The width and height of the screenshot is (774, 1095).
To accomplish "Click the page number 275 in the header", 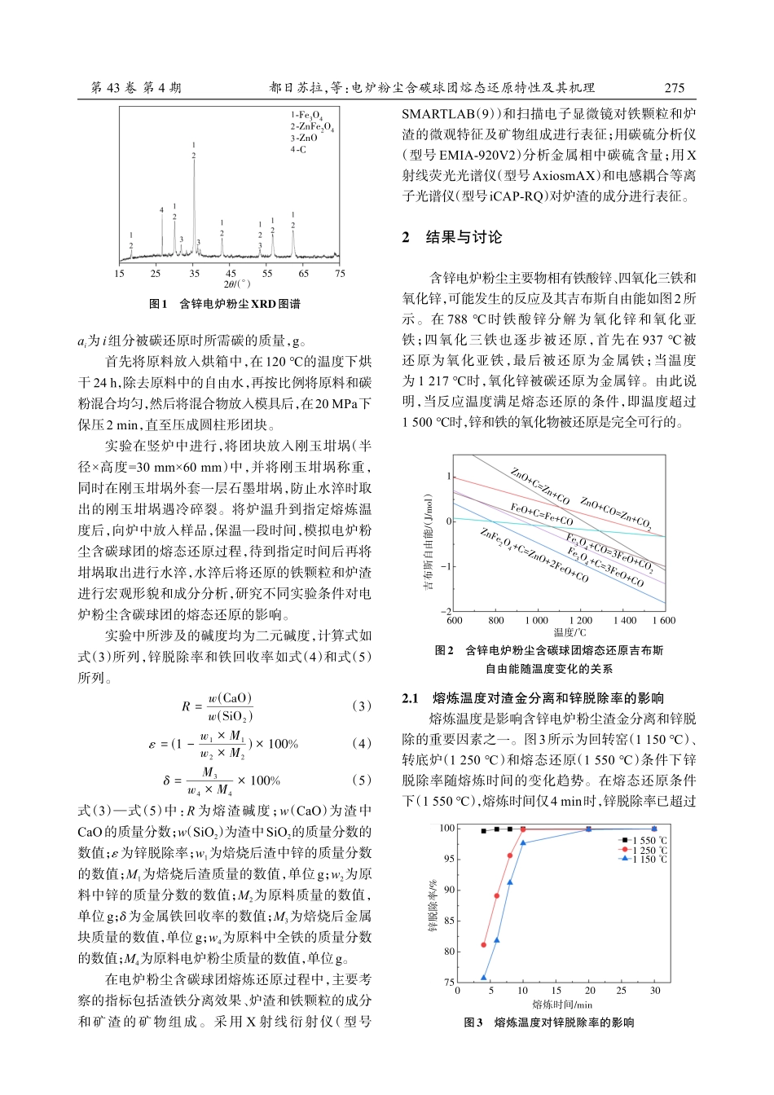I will [674, 88].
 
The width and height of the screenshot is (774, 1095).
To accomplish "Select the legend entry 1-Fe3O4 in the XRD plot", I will [307, 116].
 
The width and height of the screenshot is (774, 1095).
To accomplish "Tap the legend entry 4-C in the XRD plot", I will [299, 150].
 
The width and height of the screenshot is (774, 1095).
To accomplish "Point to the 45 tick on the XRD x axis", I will [231, 274].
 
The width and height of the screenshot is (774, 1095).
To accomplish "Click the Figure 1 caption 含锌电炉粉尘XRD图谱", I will [225, 304].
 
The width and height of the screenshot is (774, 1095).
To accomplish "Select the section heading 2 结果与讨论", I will [453, 237].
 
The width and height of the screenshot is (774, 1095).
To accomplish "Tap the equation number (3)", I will [361, 706].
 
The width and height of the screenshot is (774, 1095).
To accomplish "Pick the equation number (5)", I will [361, 780].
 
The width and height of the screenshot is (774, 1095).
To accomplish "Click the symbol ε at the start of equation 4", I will [152, 744].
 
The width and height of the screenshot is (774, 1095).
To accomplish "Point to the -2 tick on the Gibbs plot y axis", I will [446, 611].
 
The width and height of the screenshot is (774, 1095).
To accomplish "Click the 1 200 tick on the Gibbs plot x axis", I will [580, 621].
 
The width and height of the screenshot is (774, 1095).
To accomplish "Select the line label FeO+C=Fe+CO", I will [541, 515].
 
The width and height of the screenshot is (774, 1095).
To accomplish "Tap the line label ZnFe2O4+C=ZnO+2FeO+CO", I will [534, 556].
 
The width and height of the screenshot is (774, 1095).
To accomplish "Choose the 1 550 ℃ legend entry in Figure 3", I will [643, 840].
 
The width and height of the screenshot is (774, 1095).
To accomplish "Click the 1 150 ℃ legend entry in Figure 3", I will [643, 859].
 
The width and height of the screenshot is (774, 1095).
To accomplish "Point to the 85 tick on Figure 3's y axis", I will [448, 921].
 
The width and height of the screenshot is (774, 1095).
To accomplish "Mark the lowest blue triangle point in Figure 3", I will [484, 977].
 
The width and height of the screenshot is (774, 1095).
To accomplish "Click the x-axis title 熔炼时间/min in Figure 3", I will [562, 1005].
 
